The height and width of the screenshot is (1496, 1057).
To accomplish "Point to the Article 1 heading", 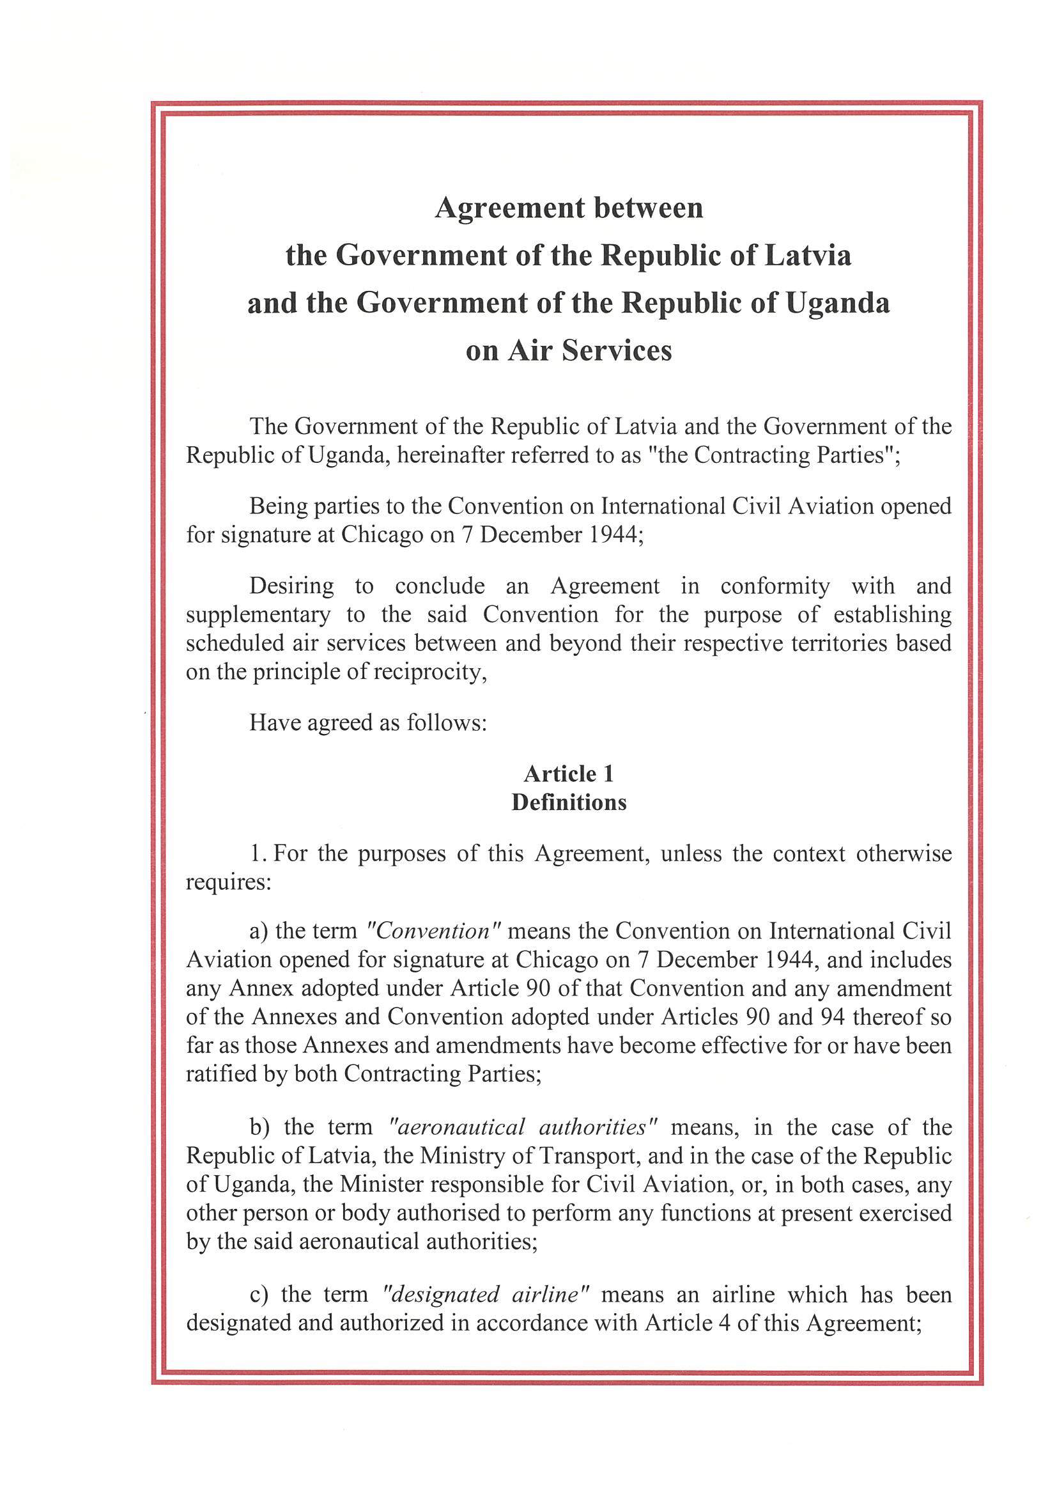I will click(569, 774).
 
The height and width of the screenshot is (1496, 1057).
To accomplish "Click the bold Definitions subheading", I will click(569, 802).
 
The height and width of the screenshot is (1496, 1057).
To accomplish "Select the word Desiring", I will click(291, 586).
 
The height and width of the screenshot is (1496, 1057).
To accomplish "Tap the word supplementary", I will click(258, 615).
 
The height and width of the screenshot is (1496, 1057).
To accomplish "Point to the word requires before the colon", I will click(225, 882).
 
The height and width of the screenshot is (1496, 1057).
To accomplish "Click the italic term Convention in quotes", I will click(433, 931).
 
